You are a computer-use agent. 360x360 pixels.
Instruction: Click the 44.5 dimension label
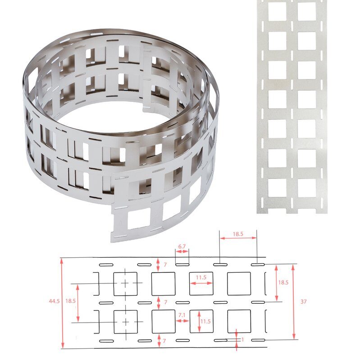click(54, 301)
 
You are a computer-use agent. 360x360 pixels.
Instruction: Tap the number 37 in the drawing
click(303, 301)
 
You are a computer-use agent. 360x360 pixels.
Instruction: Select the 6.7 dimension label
click(182, 246)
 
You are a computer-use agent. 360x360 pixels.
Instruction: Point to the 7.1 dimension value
click(182, 315)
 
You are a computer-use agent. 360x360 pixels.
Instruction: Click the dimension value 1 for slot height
click(242, 340)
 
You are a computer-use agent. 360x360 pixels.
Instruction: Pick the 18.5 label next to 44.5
click(70, 301)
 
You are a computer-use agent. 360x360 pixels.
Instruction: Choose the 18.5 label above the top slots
click(238, 234)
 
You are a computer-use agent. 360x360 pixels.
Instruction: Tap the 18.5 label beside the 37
click(283, 283)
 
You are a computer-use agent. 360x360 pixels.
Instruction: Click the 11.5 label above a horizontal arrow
click(201, 278)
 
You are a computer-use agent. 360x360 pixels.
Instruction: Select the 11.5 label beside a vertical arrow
click(205, 321)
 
